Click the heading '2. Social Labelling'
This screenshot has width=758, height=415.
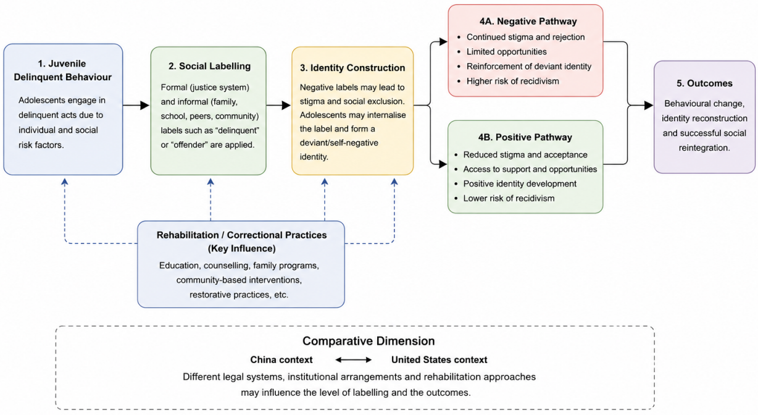pyautogui.click(x=209, y=66)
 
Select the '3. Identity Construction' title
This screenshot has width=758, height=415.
pyautogui.click(x=352, y=68)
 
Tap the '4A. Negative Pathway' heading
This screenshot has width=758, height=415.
pyautogui.click(x=528, y=22)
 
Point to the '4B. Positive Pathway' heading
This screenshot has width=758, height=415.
pyautogui.click(x=525, y=137)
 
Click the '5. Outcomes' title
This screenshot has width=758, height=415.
pyautogui.click(x=704, y=83)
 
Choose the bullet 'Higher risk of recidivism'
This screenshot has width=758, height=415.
pyautogui.click(x=513, y=82)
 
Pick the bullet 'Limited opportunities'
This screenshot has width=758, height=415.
pyautogui.click(x=507, y=52)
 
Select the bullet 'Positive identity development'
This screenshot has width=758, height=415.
pyautogui.click(x=520, y=184)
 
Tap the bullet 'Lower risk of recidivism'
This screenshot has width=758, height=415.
pyautogui.click(x=509, y=198)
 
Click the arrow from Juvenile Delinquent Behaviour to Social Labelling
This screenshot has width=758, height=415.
pyautogui.click(x=136, y=105)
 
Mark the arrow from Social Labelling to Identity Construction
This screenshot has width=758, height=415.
pyautogui.click(x=278, y=105)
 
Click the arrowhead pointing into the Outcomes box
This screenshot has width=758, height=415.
pyautogui.click(x=649, y=105)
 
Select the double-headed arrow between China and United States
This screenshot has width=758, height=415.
pyautogui.click(x=353, y=360)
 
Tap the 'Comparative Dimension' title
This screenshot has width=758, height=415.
pyautogui.click(x=369, y=341)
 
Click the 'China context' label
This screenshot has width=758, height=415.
pyautogui.click(x=281, y=360)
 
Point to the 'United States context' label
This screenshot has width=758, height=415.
pyautogui.click(x=439, y=360)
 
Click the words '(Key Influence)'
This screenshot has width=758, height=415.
pyautogui.click(x=241, y=248)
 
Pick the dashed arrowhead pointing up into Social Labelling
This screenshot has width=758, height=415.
pyautogui.click(x=210, y=182)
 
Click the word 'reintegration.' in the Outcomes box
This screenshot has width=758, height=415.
pyautogui.click(x=704, y=148)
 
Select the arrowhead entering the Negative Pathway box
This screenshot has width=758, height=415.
pyautogui.click(x=443, y=42)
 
